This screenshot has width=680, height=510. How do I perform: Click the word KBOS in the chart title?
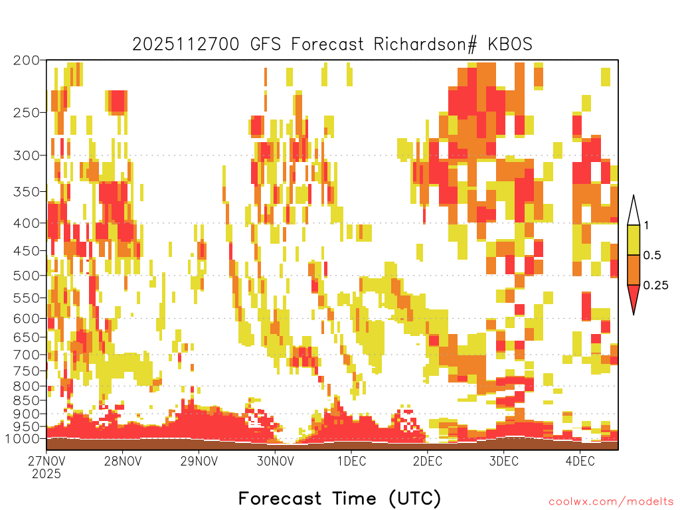tap(510, 44)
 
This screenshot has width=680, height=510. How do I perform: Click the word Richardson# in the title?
tap(425, 44)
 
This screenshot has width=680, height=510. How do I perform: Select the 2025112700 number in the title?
tap(186, 44)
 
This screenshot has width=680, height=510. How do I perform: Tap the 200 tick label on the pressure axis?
tap(27, 60)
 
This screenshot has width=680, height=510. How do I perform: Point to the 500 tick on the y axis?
tap(27, 276)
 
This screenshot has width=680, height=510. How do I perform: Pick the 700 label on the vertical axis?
tap(27, 355)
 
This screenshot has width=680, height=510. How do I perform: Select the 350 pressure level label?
tap(27, 192)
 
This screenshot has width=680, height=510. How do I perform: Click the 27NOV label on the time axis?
tap(46, 461)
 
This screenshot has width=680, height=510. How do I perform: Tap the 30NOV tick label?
tap(275, 461)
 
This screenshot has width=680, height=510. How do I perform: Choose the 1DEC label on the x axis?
tap(352, 461)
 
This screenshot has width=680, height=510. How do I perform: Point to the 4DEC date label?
tap(580, 461)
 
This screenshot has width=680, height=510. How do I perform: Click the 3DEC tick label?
tap(504, 461)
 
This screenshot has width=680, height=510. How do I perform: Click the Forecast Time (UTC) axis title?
tap(339, 499)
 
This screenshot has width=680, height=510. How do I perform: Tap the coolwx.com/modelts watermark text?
tap(611, 502)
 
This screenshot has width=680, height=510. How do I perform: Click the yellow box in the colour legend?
tap(634, 240)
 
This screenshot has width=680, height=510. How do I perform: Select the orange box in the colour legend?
tap(634, 270)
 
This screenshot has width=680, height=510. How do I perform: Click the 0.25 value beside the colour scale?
tap(655, 286)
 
